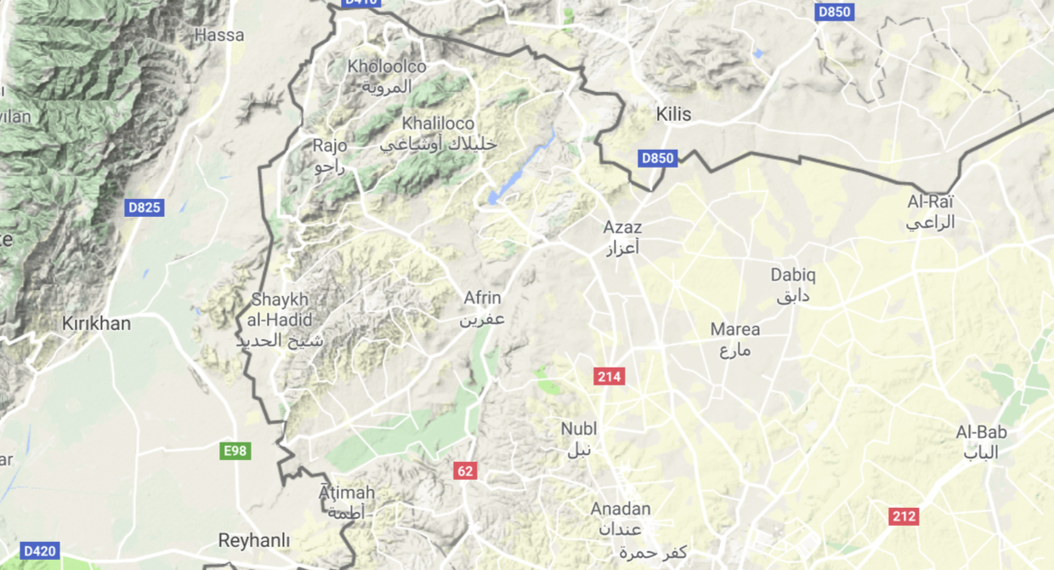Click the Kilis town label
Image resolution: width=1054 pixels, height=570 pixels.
point(673,114)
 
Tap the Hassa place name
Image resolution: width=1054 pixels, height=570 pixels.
point(219,36)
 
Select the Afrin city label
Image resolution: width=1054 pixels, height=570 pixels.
point(482,299)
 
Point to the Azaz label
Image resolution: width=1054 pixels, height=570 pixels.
point(622,227)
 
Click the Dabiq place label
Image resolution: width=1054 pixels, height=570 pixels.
point(792,275)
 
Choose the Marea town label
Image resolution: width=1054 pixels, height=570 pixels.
point(735,329)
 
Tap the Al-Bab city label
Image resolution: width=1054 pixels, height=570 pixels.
point(981,432)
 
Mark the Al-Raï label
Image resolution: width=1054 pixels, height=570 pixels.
point(931,202)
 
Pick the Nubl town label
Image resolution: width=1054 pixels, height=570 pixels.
point(579,429)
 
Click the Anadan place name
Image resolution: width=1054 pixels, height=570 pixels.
point(620,509)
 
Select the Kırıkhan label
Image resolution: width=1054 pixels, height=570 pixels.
point(97,324)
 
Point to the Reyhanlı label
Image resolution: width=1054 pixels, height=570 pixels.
point(254,540)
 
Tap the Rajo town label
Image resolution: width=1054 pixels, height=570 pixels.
point(330,145)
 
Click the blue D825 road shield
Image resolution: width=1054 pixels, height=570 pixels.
point(144,208)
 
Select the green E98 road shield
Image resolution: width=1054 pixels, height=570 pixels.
point(235,451)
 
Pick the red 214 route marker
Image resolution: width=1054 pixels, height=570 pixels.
point(609,377)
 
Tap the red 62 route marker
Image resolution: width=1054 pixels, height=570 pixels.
point(465,471)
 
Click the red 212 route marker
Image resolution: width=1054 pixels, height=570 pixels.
point(904,516)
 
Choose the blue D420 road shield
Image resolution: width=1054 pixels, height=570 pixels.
point(40,551)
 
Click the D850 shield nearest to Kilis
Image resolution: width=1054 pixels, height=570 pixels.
point(658,158)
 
